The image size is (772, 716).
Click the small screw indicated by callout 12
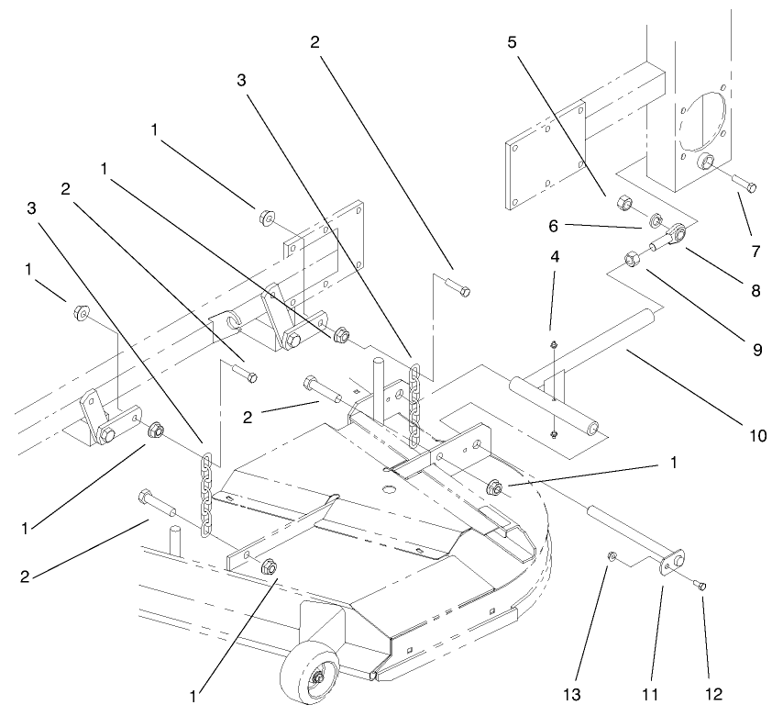702,586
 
